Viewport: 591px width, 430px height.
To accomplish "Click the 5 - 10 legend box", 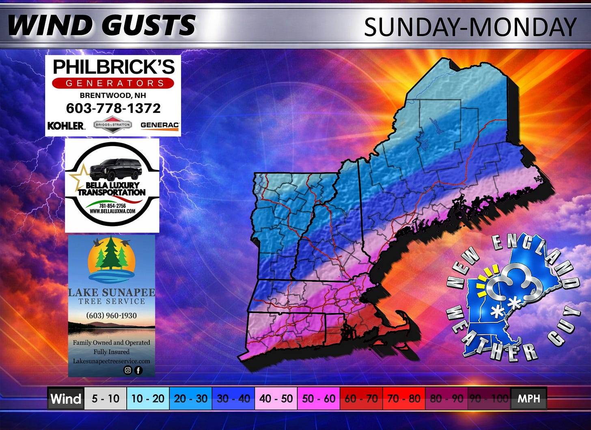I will coord(106,398).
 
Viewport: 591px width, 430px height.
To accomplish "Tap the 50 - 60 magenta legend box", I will coord(319,398).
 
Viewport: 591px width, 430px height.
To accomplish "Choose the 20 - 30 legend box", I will coord(190,398).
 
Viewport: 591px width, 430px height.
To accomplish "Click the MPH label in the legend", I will coord(528,398).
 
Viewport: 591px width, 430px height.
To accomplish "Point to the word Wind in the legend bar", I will coord(66,398).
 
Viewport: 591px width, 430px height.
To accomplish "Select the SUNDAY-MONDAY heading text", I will coord(470,27).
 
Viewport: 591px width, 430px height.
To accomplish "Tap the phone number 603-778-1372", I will coord(113,108).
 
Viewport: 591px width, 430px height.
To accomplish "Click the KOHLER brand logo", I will coord(66,125).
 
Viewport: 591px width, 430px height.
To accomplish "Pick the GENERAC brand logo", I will coord(160,125).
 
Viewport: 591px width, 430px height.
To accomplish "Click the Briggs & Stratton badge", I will coord(112,125).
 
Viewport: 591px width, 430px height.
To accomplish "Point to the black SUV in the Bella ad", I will coord(116,169).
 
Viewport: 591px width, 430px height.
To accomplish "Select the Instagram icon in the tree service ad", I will coord(128,370).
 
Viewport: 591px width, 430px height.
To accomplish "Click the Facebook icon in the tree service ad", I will coord(138,370).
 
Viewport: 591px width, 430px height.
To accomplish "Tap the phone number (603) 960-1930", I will coord(111,315).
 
